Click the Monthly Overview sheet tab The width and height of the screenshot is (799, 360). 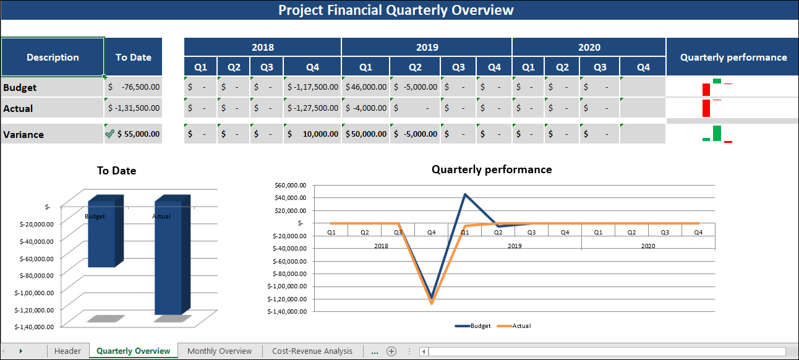(220, 351)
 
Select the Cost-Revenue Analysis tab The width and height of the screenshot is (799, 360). (312, 351)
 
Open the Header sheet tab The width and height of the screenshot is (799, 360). (67, 351)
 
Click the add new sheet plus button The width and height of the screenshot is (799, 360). (391, 351)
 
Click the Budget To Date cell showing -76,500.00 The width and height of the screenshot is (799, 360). (134, 87)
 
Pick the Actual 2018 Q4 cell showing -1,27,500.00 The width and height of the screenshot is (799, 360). (312, 108)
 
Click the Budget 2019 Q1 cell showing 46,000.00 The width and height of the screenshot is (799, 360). (365, 87)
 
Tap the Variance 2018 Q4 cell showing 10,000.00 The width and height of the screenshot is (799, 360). (312, 134)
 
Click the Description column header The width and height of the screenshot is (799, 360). (53, 57)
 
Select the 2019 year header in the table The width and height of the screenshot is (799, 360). (427, 47)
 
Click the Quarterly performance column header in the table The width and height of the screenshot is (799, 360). (733, 57)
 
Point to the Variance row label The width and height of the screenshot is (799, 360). (23, 134)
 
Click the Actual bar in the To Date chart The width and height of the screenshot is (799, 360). (168, 260)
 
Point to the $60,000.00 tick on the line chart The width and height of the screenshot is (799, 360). (289, 185)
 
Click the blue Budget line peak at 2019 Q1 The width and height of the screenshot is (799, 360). (464, 194)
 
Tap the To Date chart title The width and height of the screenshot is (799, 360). (116, 171)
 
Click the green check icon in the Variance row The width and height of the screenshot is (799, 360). (110, 134)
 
